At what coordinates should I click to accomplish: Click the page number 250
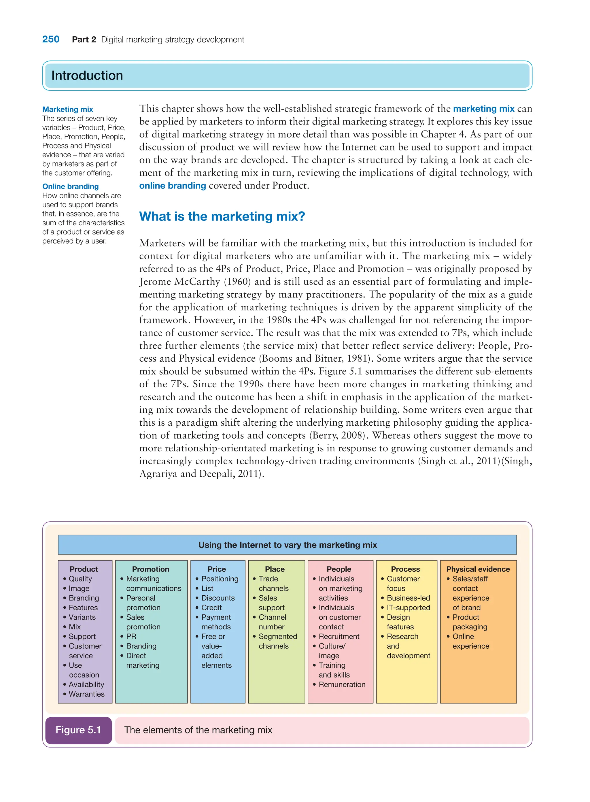51,39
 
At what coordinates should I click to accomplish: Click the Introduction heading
87,76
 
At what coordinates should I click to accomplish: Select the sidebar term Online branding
70,186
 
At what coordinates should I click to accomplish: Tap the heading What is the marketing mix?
222,216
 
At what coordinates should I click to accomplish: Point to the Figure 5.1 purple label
78,730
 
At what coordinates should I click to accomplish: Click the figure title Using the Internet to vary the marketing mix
287,545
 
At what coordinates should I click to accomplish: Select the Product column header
84,569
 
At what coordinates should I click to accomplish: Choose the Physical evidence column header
478,569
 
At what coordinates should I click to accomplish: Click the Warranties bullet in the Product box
86,694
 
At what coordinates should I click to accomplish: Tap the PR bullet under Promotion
131,636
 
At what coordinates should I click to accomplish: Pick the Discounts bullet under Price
218,598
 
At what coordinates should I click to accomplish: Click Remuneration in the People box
342,684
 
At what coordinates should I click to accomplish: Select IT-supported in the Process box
408,608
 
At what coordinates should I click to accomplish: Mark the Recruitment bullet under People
339,636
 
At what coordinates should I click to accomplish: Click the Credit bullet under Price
211,608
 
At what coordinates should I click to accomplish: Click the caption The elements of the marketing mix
198,730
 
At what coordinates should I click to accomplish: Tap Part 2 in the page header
84,40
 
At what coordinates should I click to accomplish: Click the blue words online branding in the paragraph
173,186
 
